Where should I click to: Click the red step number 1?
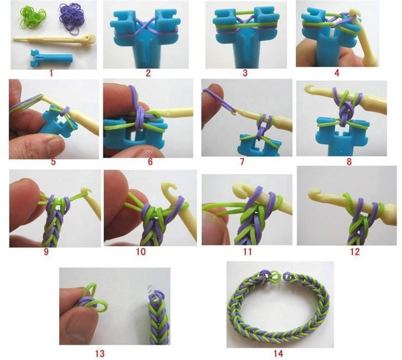point(51,73)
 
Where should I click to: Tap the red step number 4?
point(337,73)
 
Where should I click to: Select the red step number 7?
point(242,162)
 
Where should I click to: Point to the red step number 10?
point(141,251)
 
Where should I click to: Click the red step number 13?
point(100,353)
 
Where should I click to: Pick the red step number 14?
point(278,353)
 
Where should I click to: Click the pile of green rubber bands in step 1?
point(33,17)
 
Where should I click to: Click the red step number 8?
point(349,162)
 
